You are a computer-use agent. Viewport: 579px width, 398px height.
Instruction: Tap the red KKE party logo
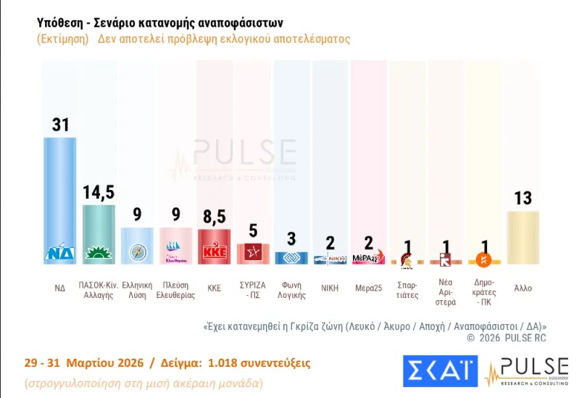point(214,252)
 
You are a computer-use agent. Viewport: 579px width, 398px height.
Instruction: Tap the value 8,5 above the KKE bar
point(214,217)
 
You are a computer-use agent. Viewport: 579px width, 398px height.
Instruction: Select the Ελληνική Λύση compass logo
point(137,252)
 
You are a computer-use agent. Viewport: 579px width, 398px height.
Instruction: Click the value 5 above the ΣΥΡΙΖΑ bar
point(253,231)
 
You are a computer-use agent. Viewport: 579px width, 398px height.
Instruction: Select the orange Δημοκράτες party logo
point(484,259)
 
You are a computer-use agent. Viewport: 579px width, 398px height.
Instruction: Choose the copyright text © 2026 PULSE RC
point(507,338)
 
